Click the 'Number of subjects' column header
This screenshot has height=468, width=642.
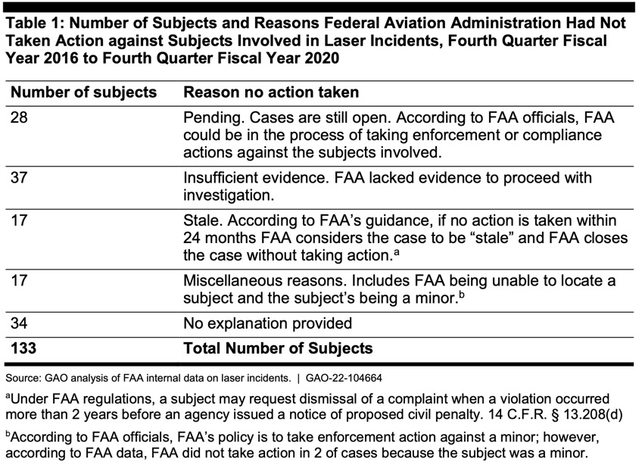tap(83, 92)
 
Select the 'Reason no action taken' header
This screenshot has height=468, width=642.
tap(271, 92)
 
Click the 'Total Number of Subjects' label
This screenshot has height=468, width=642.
tap(279, 348)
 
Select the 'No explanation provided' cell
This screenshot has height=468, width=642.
tap(268, 323)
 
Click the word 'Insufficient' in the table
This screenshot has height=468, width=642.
tap(224, 178)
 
